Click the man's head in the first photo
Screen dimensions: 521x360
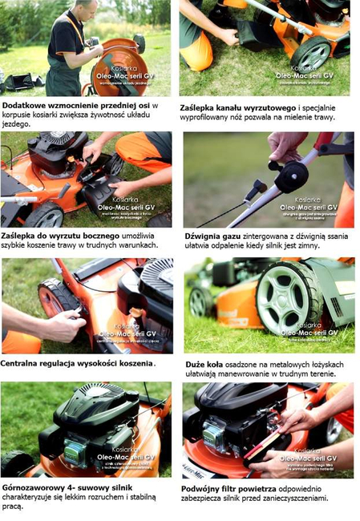(x=87, y=10)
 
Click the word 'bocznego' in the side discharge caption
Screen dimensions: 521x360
(x=99, y=234)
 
